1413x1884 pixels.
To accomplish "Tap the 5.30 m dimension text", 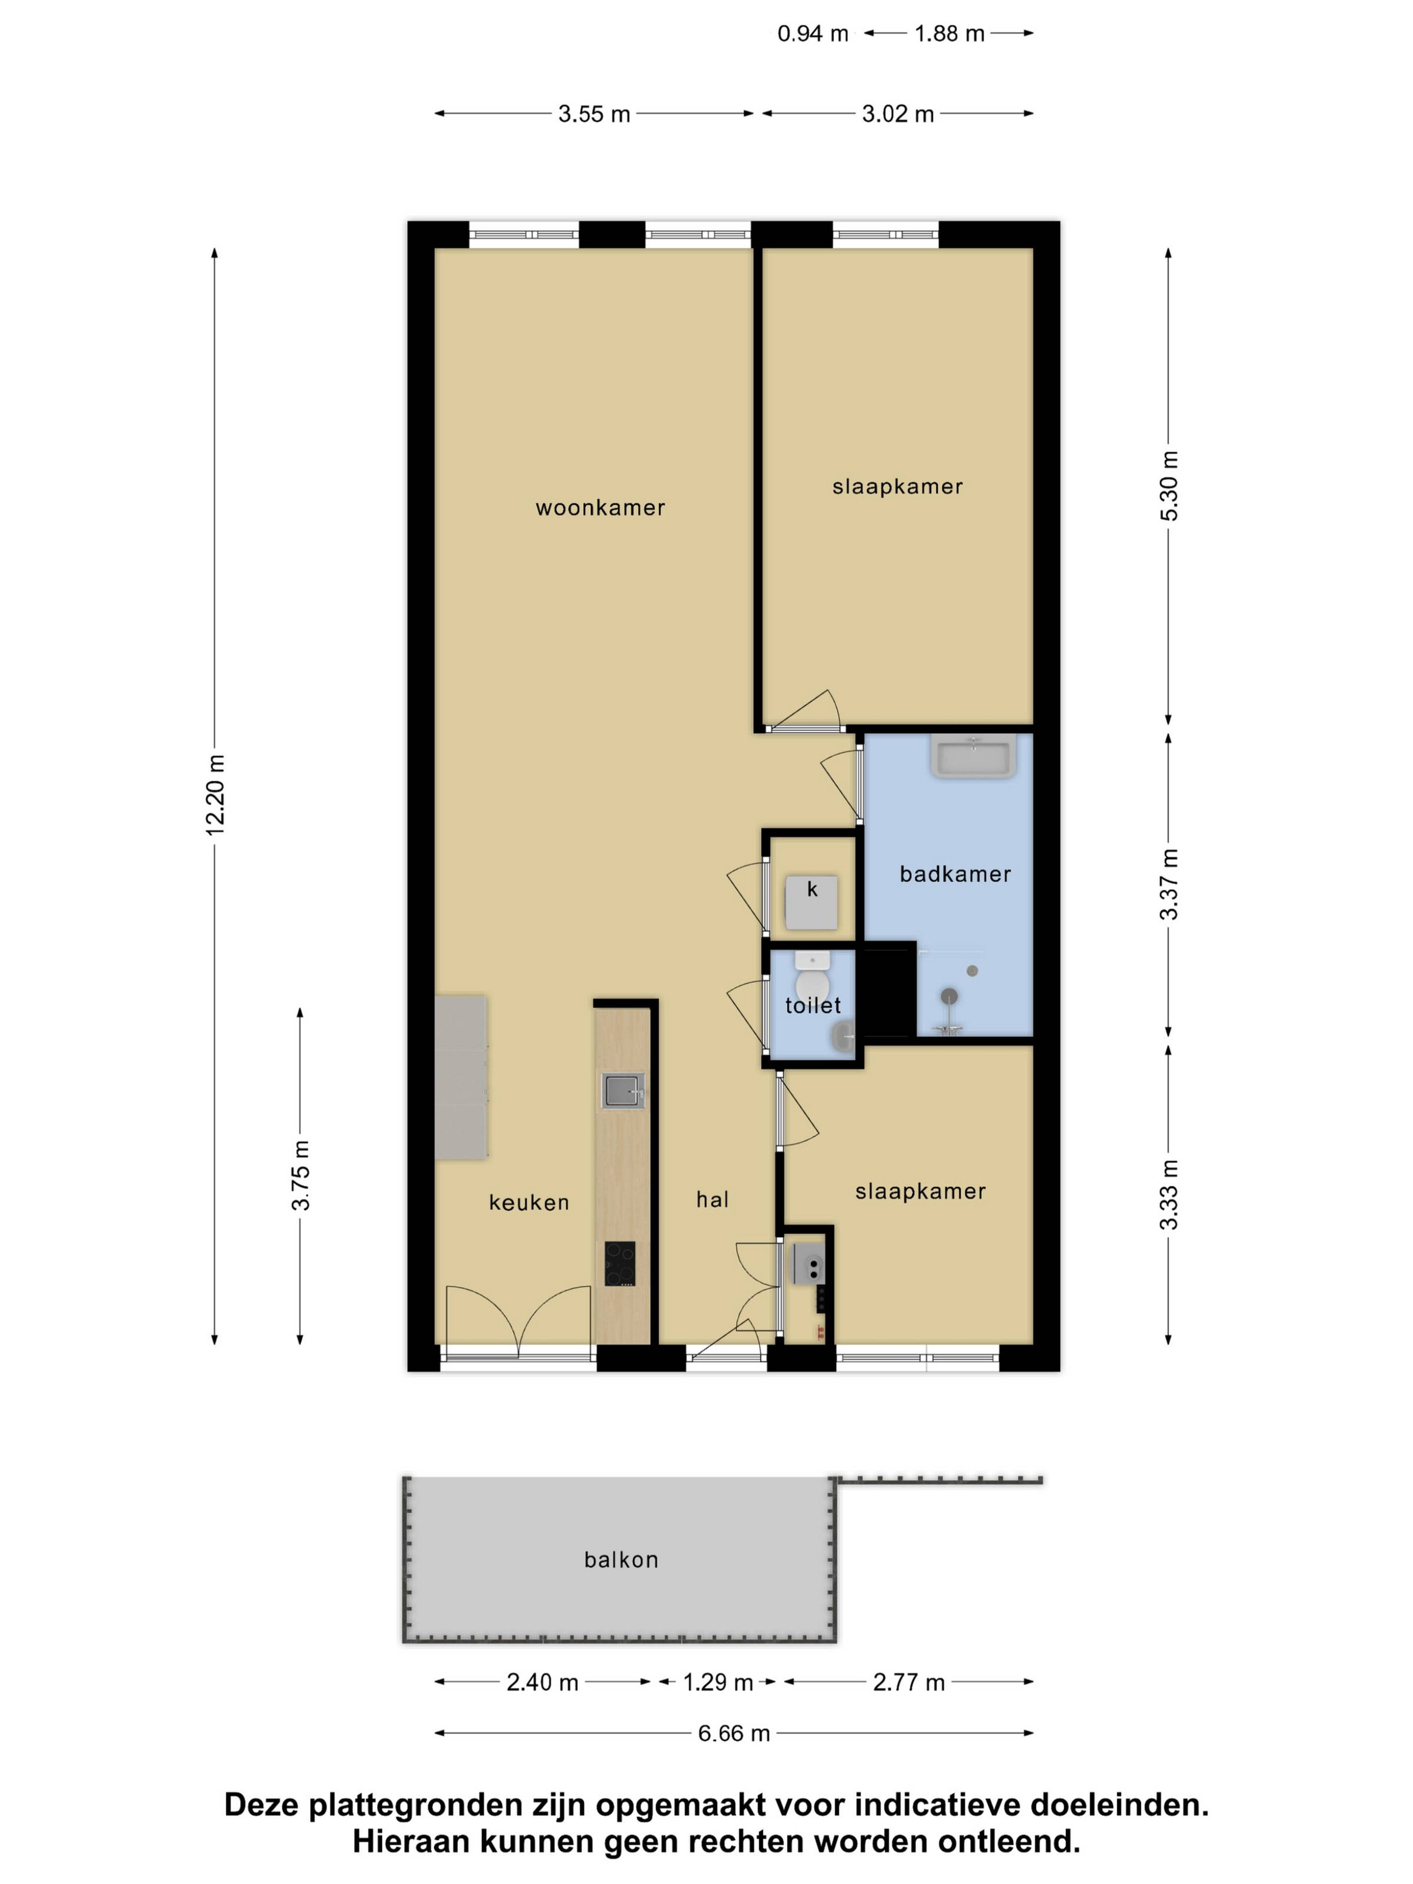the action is [1169, 485].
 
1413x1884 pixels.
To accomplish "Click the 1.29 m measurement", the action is [718, 1682].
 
